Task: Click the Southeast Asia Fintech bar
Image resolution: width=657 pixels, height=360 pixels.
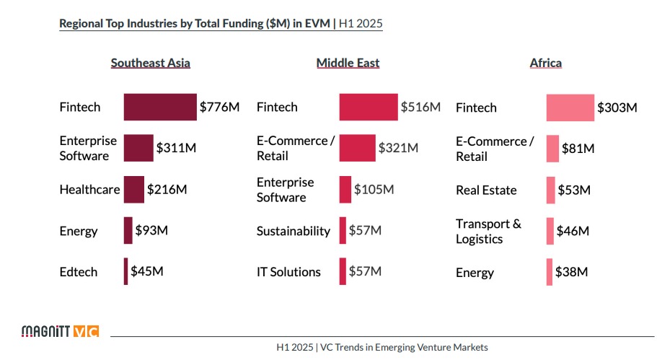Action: point(160,107)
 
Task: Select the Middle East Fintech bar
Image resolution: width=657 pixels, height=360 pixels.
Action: point(369,107)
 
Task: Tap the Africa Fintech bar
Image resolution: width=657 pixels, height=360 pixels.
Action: point(570,107)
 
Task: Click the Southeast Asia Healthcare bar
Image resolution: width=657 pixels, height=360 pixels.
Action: point(134,190)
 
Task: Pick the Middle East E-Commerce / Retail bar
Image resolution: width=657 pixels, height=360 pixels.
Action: point(358,148)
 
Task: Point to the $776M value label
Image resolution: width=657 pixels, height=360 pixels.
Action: point(219,107)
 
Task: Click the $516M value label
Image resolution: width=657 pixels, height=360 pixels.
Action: point(420,107)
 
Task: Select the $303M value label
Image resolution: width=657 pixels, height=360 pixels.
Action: point(617,107)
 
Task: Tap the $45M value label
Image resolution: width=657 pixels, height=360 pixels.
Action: point(147,272)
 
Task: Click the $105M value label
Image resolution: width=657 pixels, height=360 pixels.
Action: point(374,190)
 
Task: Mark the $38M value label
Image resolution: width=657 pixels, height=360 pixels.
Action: point(572,273)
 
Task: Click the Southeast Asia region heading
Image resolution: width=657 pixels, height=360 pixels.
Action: point(151,63)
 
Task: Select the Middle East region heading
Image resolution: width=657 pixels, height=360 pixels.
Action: point(348,63)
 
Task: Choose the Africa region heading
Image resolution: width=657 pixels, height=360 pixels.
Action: point(546,63)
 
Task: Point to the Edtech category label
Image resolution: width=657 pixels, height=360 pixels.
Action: point(79,272)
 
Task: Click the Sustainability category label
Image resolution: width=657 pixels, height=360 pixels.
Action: point(294,231)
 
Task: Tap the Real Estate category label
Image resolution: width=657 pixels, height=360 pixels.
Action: point(486,190)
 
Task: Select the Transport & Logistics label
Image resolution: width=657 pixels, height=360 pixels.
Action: point(488,231)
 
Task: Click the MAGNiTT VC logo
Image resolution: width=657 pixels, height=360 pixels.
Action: point(60,332)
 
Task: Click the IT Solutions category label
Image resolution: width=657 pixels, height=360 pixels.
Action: point(288,272)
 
